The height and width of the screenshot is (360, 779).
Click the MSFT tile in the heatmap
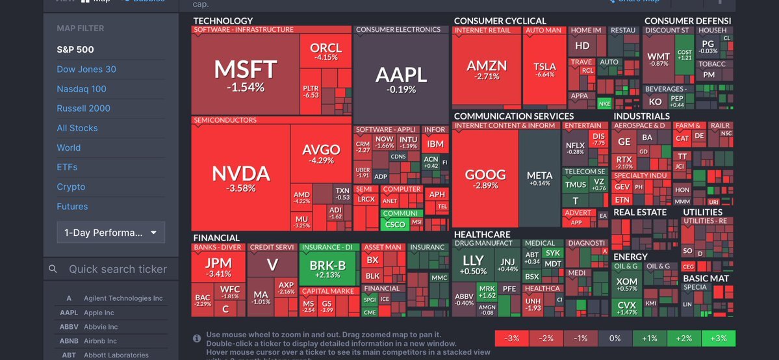pyautogui.click(x=245, y=75)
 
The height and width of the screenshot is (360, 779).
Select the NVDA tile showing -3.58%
pyautogui.click(x=240, y=177)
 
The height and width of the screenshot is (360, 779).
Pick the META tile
pyautogui.click(x=539, y=178)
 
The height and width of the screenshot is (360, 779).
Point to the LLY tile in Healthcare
pyautogui.click(x=473, y=265)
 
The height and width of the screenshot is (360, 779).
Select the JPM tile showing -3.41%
pyautogui.click(x=218, y=267)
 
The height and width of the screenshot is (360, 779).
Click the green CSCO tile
pyautogui.click(x=395, y=224)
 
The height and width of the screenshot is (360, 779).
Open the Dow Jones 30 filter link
pyautogui.click(x=86, y=70)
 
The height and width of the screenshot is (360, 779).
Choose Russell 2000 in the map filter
pyautogui.click(x=83, y=109)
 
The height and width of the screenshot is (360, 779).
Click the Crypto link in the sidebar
pyautogui.click(x=71, y=186)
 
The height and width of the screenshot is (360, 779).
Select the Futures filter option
pyautogui.click(x=72, y=207)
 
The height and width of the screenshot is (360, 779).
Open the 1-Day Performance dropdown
pyautogui.click(x=110, y=232)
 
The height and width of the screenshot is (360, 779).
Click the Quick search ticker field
pyautogui.click(x=118, y=269)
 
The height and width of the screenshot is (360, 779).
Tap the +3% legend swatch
pyautogui.click(x=718, y=339)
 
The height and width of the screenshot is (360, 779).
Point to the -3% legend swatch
pyautogui.click(x=512, y=339)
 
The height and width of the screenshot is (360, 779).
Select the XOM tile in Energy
pyautogui.click(x=627, y=285)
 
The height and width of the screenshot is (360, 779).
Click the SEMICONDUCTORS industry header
pyautogui.click(x=225, y=120)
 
